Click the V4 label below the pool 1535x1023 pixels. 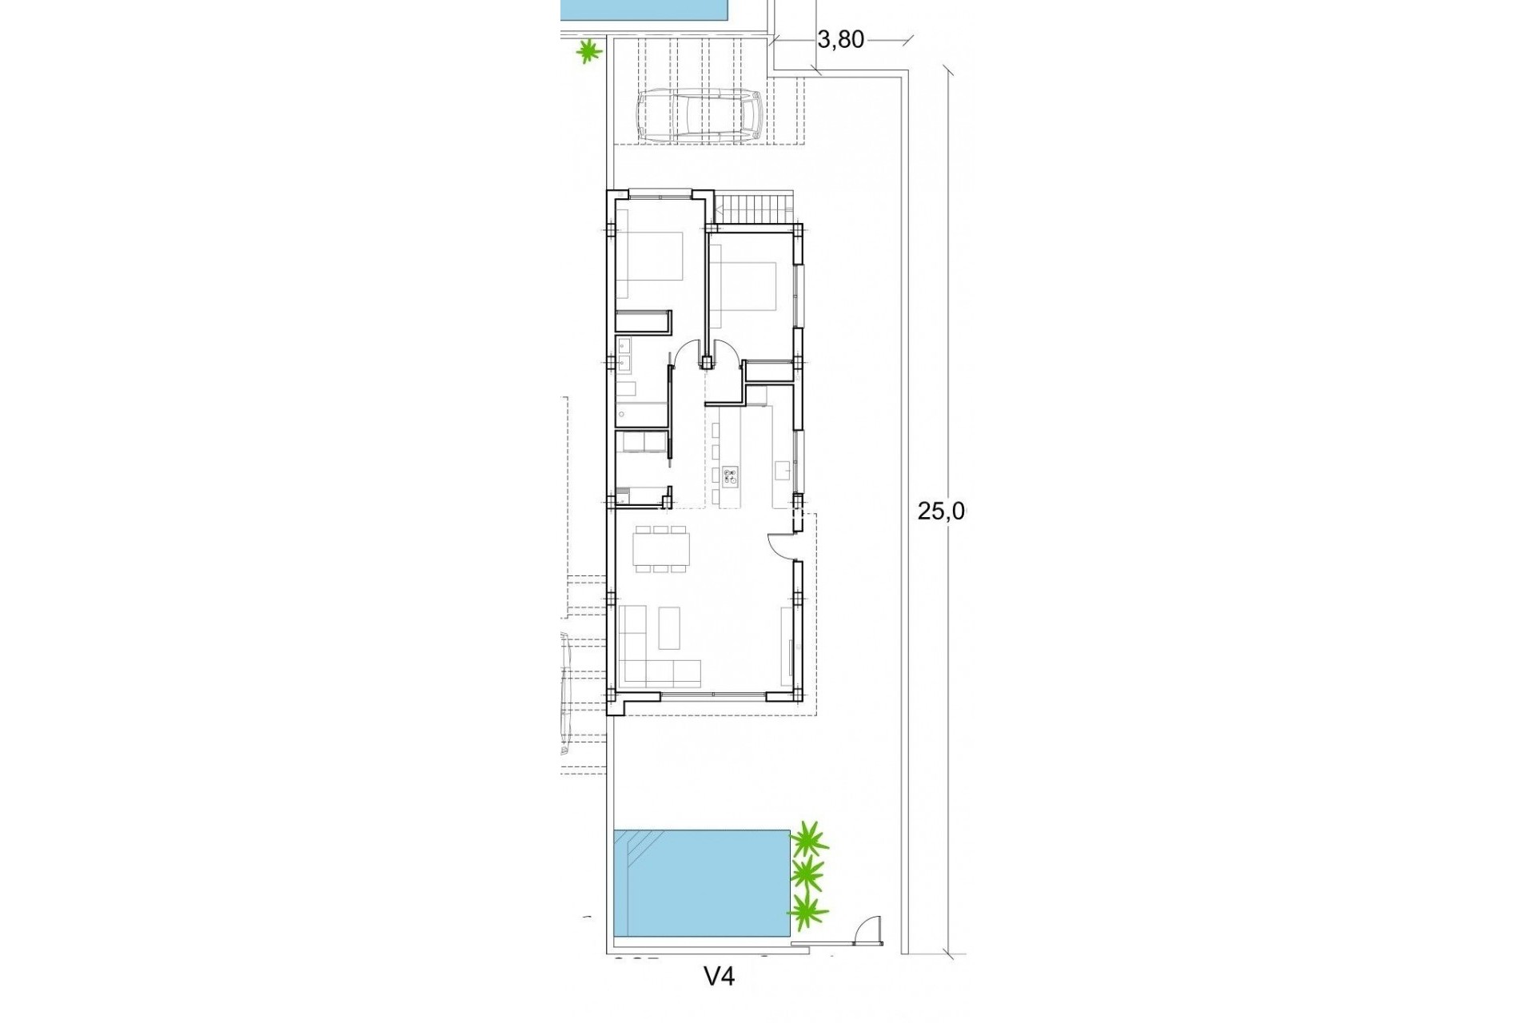tap(719, 976)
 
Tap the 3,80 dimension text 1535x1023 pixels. tap(842, 40)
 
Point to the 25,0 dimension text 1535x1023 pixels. tap(941, 511)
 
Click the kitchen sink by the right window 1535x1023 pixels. tap(783, 470)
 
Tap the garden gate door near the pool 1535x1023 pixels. tap(866, 931)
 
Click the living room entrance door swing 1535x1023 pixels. tap(779, 546)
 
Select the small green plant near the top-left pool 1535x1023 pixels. tap(588, 52)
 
